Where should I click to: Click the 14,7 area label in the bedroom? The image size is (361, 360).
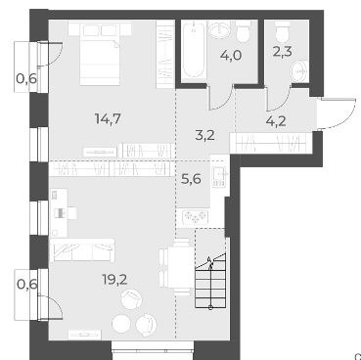[x=108, y=118]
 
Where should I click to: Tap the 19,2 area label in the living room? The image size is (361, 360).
[x=115, y=280]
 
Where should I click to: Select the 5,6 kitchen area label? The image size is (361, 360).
[x=191, y=179]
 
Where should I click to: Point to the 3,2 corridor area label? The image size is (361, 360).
[x=205, y=135]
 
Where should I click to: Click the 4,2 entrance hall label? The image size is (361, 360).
[x=276, y=121]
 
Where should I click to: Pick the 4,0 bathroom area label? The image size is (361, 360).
[x=231, y=56]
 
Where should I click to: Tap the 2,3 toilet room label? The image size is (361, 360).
[x=282, y=52]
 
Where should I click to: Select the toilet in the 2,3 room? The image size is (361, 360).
[x=283, y=32]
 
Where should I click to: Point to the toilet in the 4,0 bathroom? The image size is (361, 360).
[x=244, y=31]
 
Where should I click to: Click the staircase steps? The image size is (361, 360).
[x=210, y=282]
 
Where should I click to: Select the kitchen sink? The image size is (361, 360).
[x=218, y=177]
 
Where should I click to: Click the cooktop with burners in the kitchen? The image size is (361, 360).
[x=195, y=216]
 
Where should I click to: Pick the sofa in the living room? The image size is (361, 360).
[x=82, y=250]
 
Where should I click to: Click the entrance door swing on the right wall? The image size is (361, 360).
[x=337, y=113]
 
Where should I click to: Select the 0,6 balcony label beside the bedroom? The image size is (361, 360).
[x=26, y=78]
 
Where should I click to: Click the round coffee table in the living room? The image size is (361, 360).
[x=121, y=323]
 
